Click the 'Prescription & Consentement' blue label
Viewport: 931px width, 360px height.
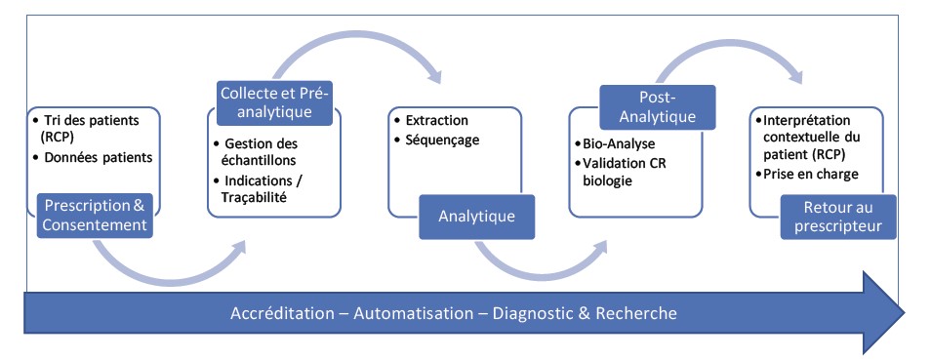tap(95, 216)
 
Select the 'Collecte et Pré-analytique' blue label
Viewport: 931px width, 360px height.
tap(274, 103)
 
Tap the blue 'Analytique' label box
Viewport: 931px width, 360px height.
tap(477, 217)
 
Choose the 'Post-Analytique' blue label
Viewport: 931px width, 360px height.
tap(658, 107)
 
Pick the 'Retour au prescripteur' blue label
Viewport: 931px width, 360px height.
tap(838, 217)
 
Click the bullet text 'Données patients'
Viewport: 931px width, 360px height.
tap(99, 157)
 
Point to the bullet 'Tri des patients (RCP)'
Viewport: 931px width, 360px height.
tap(92, 128)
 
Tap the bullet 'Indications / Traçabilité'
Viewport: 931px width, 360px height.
tap(262, 189)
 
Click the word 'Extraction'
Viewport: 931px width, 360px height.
tap(436, 120)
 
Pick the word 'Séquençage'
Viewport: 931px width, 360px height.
tap(442, 140)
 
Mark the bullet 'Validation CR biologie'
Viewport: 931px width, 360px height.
tap(620, 172)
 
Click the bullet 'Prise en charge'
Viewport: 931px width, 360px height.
tap(807, 175)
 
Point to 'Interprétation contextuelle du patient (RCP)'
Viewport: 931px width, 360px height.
tap(807, 137)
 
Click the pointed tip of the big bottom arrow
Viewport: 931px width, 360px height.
tap(905, 312)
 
